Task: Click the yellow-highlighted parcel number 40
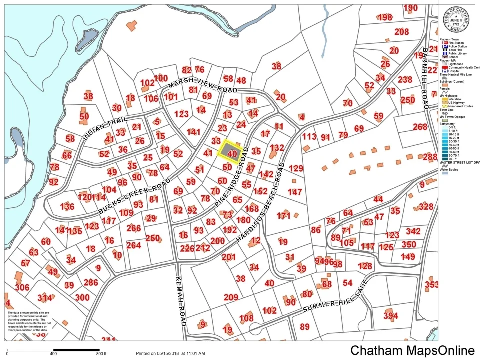(x=231, y=153)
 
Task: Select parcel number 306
(x=22, y=287)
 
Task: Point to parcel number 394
(x=390, y=316)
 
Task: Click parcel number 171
(x=283, y=216)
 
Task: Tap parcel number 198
(x=385, y=18)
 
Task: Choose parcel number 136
(x=67, y=207)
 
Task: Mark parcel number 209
(x=230, y=298)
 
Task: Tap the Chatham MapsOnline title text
(x=412, y=350)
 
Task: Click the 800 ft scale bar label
(x=102, y=354)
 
